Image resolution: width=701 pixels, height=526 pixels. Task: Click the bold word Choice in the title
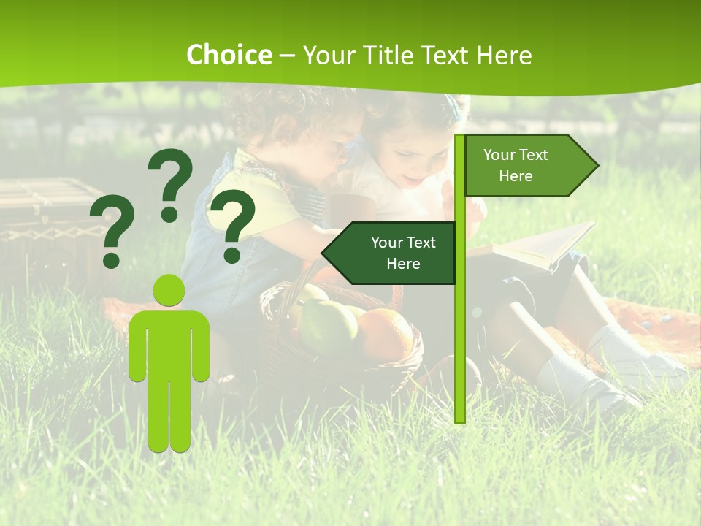click(229, 56)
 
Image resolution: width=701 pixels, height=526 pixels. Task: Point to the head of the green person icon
click(169, 290)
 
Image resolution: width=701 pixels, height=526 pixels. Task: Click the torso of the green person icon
click(169, 343)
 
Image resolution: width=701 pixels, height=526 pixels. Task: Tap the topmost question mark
click(171, 183)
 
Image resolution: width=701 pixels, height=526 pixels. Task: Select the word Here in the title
click(504, 56)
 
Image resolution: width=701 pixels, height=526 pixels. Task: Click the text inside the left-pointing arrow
click(402, 253)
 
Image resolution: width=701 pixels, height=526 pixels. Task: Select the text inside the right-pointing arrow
click(516, 165)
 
